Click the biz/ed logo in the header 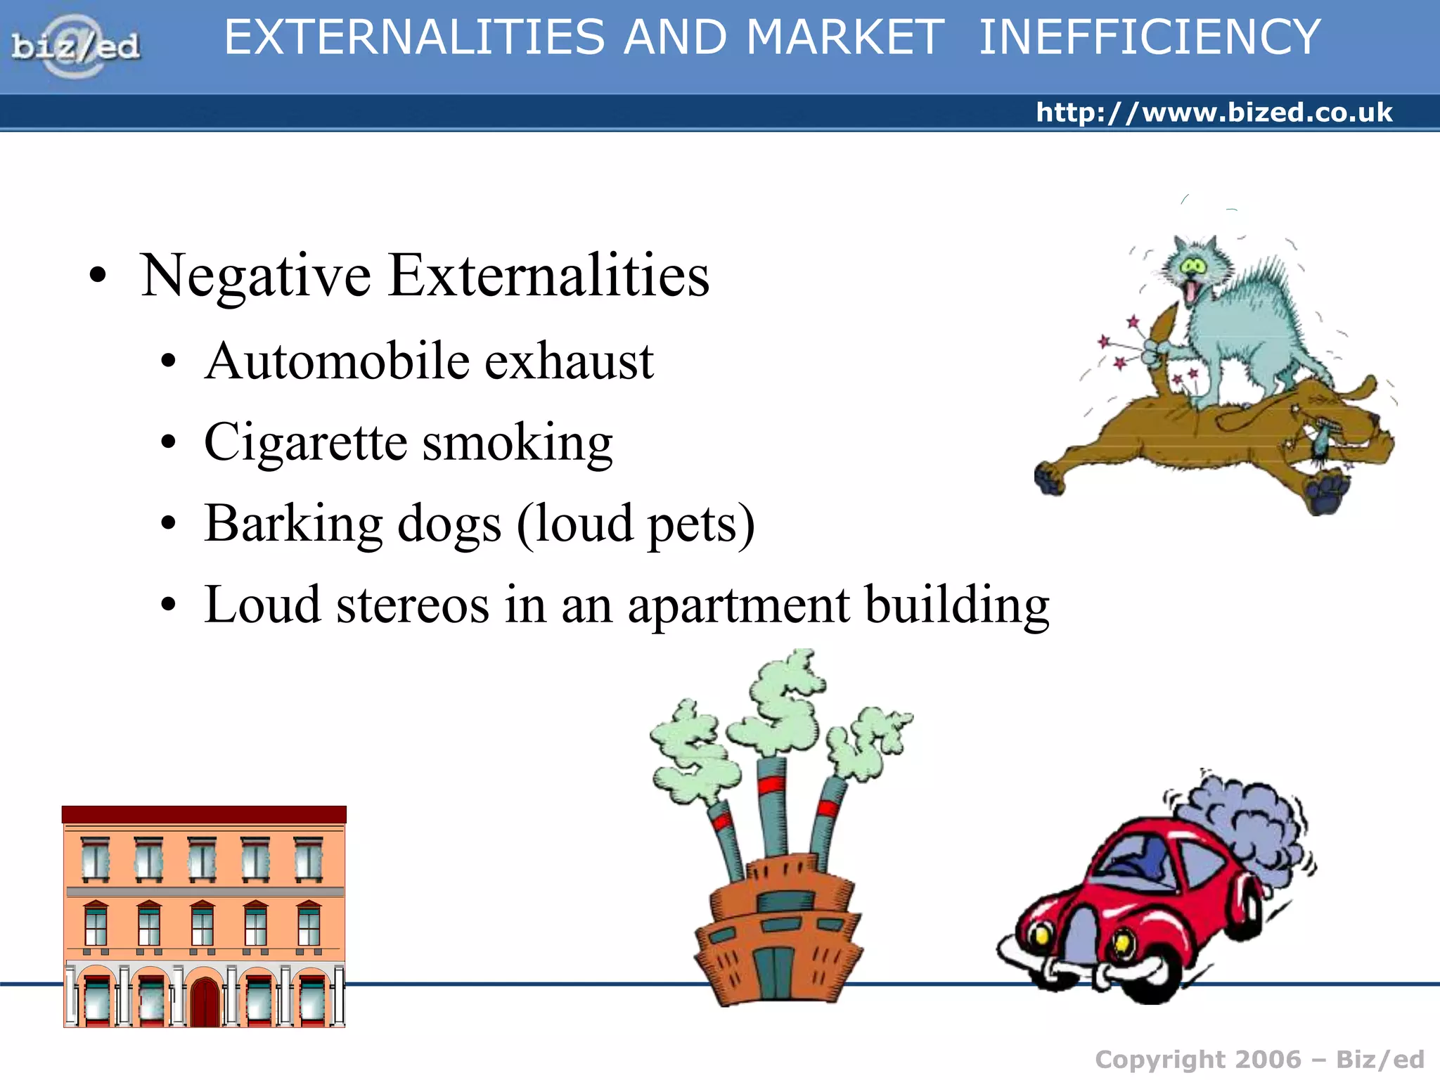coord(75,46)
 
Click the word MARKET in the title coord(845,38)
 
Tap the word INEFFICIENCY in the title coord(1150,38)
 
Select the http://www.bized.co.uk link coord(1214,112)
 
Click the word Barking coord(293,524)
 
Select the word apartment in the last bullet coord(739,606)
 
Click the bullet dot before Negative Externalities coord(98,276)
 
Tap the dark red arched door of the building coord(205,1001)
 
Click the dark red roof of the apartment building coord(204,814)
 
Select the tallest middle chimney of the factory coord(773,809)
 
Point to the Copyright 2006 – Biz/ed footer coord(1259,1059)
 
